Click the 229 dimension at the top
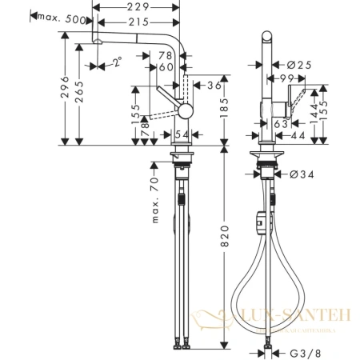135,7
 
